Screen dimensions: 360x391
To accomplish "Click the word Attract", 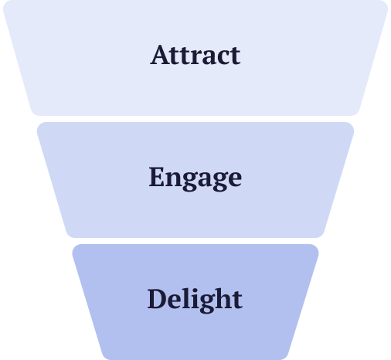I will point(195,56).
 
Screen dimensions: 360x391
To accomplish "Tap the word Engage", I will point(195,178).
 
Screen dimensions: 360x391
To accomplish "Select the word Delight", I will point(195,299).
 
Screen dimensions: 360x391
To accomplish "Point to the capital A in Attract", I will point(160,56).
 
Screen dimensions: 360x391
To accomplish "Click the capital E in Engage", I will point(157,178).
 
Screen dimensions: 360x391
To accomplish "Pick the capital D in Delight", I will point(157,299).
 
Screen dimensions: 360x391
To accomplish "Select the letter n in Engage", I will point(173,180).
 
